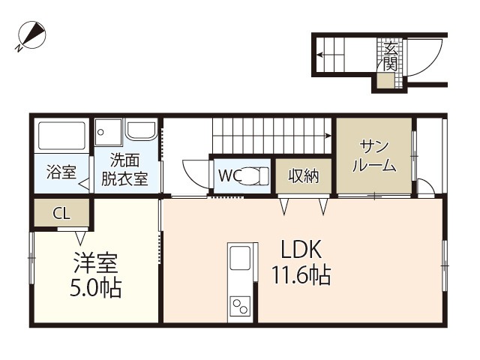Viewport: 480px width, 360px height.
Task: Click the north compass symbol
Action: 31,35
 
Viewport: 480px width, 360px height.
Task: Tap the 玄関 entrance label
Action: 390,57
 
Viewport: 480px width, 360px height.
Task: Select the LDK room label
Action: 301,250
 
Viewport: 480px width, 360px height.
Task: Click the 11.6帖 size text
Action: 301,275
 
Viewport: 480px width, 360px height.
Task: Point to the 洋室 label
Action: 96,262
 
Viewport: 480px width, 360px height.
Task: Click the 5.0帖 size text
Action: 96,288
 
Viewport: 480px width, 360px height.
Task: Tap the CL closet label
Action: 61,213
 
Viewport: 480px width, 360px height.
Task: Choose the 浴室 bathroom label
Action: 61,172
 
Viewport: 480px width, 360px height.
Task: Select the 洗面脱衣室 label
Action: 124,169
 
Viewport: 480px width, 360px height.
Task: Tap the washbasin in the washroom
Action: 142,131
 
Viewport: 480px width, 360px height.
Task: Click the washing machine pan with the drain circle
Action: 108,132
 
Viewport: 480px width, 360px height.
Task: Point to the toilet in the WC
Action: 255,176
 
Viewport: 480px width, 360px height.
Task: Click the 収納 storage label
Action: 303,176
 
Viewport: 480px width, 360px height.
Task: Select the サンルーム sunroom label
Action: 374,156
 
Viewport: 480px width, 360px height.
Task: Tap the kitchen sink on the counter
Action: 240,258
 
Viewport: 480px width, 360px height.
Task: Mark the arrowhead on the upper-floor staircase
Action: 328,136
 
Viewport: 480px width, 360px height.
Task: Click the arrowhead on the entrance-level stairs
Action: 320,55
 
